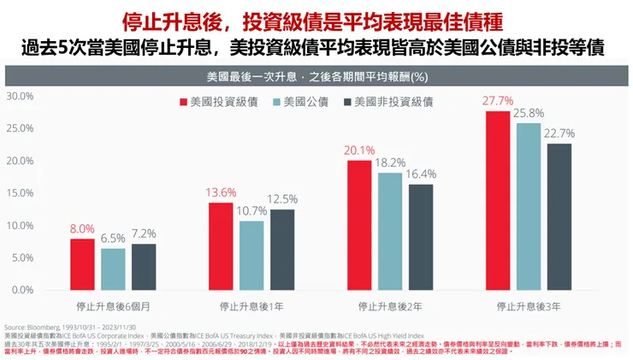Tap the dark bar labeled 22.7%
point(559,216)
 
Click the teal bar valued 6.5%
point(113,269)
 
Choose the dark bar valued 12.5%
point(281,249)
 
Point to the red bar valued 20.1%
point(359,225)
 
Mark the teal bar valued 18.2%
point(389,231)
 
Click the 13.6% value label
point(221,192)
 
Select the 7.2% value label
point(144,233)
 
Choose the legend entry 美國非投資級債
point(389,102)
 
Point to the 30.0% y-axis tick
point(20,96)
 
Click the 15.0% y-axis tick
point(20,192)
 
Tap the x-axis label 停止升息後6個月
point(113,304)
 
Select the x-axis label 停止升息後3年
point(528,304)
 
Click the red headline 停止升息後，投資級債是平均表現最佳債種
point(316,19)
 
